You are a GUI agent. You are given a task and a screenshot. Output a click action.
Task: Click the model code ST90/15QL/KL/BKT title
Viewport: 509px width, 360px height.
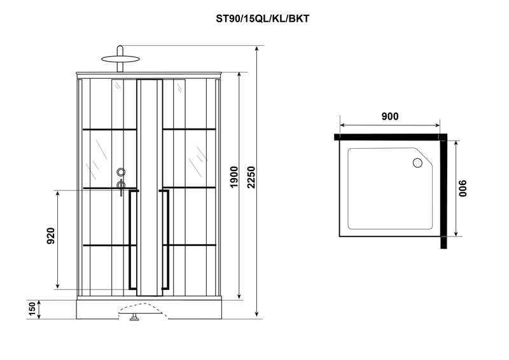coord(262,19)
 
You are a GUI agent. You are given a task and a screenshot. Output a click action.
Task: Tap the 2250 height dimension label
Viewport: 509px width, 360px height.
coord(251,177)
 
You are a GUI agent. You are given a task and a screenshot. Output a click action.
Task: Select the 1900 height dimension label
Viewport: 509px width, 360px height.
coord(234,177)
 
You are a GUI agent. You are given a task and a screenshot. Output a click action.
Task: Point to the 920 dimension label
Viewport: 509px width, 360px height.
coord(51,236)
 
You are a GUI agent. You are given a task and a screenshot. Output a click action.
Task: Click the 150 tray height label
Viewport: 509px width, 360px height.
coord(32,309)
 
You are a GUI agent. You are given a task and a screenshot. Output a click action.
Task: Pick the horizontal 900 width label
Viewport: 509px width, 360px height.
coord(390,116)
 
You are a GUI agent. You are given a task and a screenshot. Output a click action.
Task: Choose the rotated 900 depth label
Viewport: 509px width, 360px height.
coord(463,188)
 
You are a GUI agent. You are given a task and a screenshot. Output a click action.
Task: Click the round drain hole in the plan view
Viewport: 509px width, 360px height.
coord(417,163)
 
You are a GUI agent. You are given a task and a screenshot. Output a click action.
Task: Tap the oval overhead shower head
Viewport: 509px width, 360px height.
coord(120,59)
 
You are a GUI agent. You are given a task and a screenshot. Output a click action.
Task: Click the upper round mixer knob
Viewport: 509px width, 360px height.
coord(121,172)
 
